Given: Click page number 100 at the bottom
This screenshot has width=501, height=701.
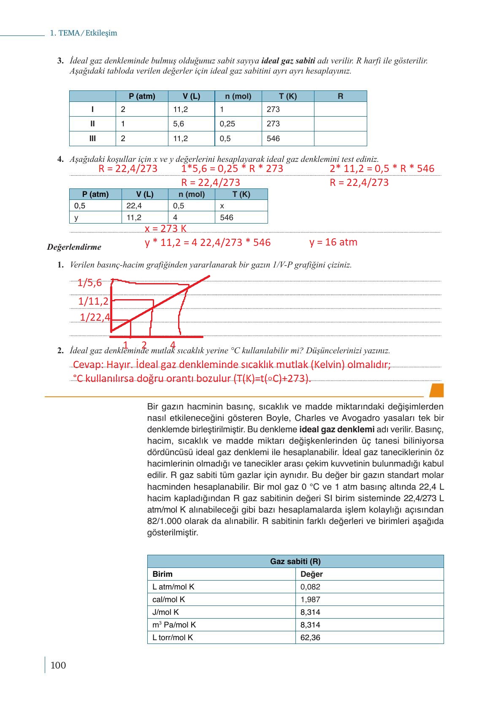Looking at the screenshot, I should (58, 666).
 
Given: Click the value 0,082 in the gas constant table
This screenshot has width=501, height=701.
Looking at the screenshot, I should (310, 586).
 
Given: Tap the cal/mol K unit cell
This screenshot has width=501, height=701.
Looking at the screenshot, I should (169, 599).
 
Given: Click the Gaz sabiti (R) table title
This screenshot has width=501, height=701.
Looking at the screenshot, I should (295, 562).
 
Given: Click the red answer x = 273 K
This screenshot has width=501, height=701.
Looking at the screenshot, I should (165, 229).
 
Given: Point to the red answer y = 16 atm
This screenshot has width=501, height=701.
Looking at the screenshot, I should (333, 242).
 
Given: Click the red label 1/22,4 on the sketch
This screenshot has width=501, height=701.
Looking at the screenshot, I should (95, 317).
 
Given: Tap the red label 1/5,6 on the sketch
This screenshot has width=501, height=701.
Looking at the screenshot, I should (89, 283).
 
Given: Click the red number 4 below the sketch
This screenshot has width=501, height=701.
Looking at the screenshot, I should (173, 344).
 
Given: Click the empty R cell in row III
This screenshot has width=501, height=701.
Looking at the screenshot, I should (340, 139).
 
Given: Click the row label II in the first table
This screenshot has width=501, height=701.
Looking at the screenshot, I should (92, 124).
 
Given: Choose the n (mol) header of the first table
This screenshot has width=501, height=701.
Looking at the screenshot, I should (238, 96).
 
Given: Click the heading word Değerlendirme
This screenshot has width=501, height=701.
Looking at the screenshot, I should (74, 247).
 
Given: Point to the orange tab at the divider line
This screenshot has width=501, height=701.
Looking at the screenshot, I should (436, 390).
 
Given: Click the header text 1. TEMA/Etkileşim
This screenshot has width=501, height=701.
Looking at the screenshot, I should (84, 33).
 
